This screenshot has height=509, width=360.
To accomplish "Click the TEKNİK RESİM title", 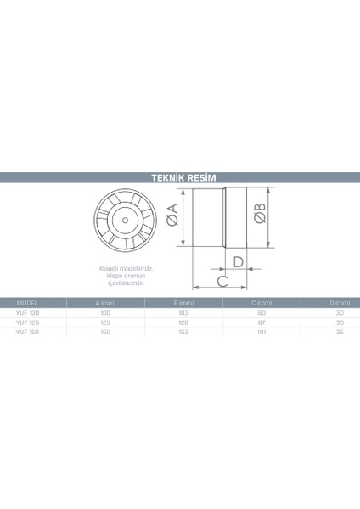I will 179,178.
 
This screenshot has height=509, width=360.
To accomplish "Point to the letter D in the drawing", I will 239,260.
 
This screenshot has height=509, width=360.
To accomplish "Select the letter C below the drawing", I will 221,279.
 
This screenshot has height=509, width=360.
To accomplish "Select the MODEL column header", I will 28,303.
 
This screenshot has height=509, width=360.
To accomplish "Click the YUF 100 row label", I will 28,313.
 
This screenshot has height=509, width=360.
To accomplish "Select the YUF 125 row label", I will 28,323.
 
